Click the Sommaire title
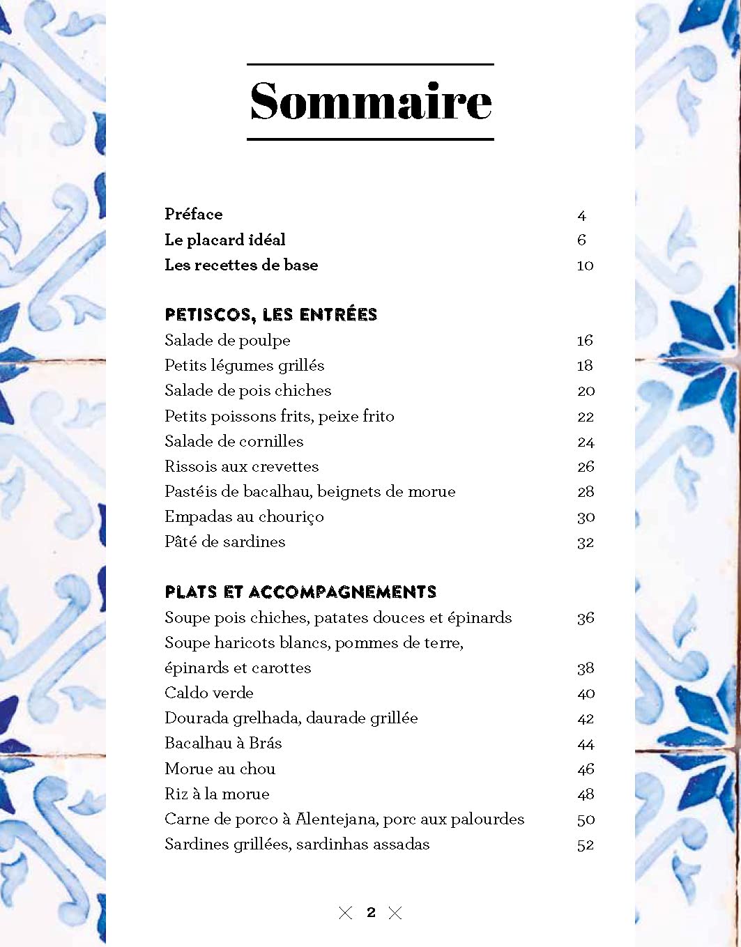(370, 102)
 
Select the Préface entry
(193, 214)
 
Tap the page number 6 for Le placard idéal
(581, 240)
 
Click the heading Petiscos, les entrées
(270, 314)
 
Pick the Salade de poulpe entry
(227, 340)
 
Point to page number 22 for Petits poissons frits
(586, 417)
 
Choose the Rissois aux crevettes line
(241, 466)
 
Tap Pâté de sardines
(224, 541)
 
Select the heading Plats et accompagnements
(300, 592)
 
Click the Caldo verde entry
(209, 693)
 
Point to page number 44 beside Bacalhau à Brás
(586, 744)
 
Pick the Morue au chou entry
(220, 769)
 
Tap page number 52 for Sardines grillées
(586, 845)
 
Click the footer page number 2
(371, 912)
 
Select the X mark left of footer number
(345, 912)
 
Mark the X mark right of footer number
(395, 912)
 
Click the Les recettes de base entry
(241, 265)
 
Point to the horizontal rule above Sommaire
(370, 65)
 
